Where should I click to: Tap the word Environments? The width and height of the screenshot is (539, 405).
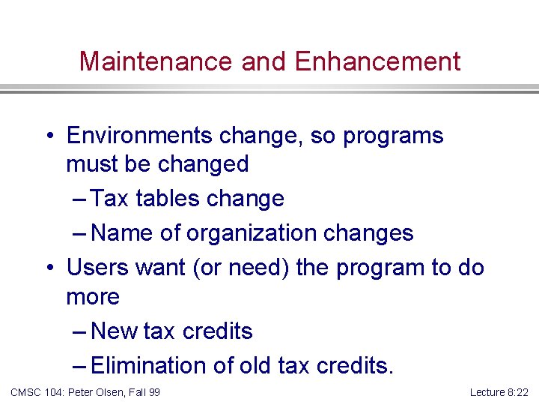(x=139, y=136)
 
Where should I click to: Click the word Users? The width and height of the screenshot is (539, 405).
(x=97, y=268)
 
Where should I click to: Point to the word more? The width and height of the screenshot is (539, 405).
(x=93, y=296)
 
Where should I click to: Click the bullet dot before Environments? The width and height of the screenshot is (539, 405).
(x=49, y=136)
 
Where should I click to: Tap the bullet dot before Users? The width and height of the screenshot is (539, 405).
(x=49, y=268)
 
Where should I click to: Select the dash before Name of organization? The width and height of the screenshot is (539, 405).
(x=81, y=233)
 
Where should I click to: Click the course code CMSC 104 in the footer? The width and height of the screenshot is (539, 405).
(x=37, y=392)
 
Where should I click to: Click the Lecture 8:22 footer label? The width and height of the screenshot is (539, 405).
(x=499, y=392)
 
